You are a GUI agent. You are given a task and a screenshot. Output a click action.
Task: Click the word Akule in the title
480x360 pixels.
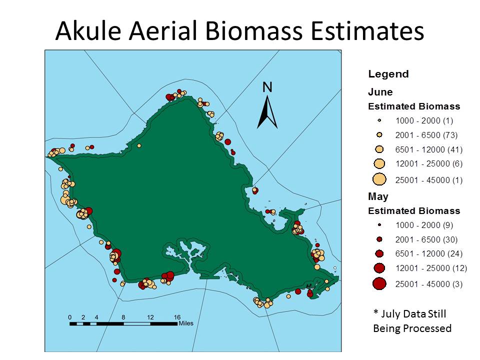88,30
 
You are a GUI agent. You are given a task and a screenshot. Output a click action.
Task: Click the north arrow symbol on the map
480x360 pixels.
267,112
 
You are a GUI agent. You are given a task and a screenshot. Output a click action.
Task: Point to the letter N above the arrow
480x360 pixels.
267,87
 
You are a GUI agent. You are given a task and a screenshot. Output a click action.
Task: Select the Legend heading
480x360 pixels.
388,74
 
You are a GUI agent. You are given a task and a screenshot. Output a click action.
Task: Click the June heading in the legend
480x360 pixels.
380,92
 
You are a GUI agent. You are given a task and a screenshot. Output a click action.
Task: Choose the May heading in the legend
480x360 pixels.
378,196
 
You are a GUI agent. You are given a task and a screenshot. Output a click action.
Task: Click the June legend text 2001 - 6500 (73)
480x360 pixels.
426,135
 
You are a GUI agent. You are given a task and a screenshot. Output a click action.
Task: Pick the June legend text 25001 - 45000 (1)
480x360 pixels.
428,180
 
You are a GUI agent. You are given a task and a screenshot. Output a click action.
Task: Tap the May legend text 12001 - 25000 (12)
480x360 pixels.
431,268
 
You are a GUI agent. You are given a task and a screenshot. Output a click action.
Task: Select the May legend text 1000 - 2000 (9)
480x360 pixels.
424,225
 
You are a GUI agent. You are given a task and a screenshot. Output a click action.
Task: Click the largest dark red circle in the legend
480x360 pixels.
379,284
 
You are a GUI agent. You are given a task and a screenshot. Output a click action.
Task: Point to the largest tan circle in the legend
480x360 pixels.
379,179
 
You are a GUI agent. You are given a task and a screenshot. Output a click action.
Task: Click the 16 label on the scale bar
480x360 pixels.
177,317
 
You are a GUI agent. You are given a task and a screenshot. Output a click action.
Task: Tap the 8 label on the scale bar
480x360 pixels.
123,317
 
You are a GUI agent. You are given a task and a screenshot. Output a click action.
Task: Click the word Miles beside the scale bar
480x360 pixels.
186,323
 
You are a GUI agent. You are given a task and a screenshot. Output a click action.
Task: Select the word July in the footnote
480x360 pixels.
389,314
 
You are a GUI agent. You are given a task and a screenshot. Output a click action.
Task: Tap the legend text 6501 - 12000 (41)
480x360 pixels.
428,149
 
